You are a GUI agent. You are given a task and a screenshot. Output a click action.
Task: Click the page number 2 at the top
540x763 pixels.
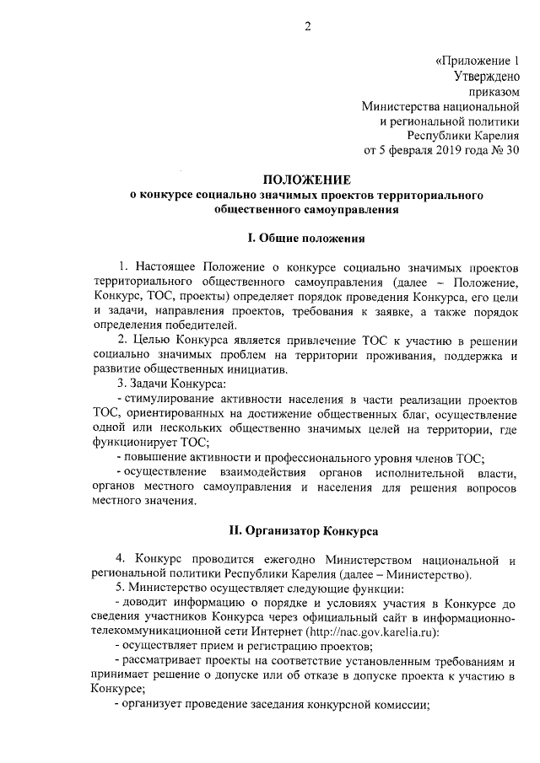click(x=308, y=26)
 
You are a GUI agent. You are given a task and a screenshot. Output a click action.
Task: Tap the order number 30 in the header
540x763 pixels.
click(x=511, y=150)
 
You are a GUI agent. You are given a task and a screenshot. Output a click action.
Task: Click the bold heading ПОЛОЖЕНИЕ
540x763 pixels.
click(x=306, y=180)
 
